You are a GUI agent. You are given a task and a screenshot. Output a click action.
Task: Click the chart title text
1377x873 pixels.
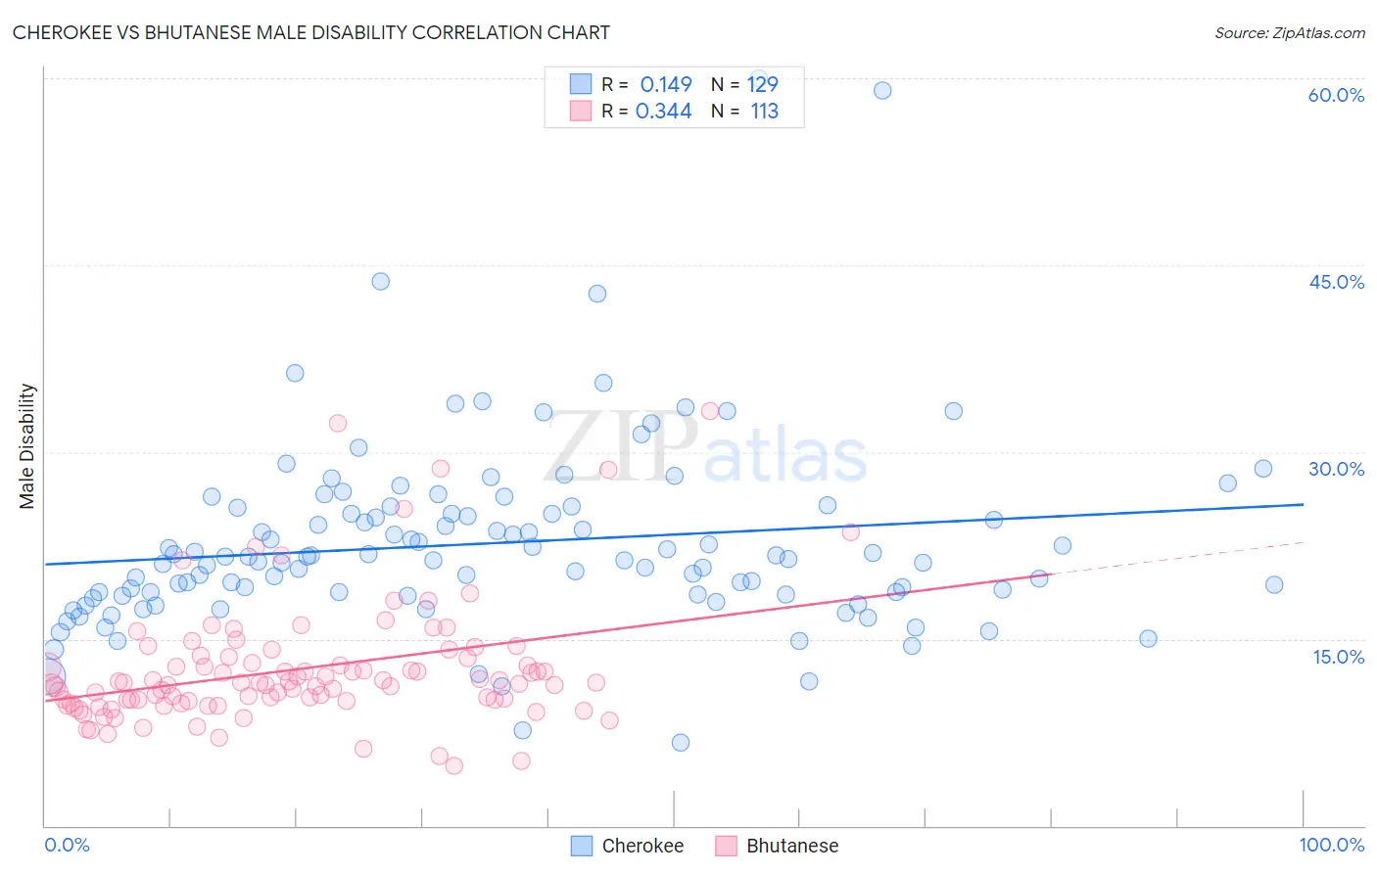tap(311, 33)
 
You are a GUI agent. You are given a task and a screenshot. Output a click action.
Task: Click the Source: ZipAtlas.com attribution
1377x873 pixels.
tap(1289, 33)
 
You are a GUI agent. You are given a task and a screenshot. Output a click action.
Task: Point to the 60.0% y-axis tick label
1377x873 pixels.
tap(1336, 95)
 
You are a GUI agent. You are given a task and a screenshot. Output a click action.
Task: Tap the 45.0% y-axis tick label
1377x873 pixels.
tap(1336, 282)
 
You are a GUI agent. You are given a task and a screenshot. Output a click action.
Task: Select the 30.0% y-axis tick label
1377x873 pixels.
tap(1336, 469)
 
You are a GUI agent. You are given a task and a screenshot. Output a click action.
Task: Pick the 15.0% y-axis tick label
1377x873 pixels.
tap(1338, 656)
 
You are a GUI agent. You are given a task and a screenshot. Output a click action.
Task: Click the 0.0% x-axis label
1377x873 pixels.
tap(67, 845)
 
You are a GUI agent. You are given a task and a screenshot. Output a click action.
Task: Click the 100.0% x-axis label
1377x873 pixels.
tap(1331, 845)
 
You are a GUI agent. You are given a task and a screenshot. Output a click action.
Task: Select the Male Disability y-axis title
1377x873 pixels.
tap(27, 445)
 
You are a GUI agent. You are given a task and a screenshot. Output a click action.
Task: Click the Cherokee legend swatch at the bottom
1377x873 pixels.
tap(582, 846)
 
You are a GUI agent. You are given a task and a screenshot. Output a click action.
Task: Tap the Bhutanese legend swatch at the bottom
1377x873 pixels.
tap(726, 846)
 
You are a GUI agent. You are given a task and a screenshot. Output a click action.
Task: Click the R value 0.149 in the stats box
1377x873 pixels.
tap(666, 84)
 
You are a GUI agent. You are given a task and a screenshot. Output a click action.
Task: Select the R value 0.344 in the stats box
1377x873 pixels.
tap(664, 112)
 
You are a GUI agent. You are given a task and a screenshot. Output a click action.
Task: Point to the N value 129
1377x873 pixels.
tap(763, 84)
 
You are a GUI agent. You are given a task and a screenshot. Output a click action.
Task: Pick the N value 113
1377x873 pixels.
tap(765, 112)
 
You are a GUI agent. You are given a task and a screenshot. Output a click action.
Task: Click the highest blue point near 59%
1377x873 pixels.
tap(882, 90)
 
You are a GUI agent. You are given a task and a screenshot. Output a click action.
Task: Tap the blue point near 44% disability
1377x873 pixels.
tap(381, 281)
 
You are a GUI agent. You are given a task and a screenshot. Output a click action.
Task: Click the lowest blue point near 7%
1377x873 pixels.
tap(681, 742)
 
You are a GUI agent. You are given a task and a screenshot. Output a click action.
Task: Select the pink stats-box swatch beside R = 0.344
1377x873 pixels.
tap(581, 112)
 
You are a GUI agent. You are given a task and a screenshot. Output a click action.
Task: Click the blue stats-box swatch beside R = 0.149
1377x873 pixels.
tap(581, 84)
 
